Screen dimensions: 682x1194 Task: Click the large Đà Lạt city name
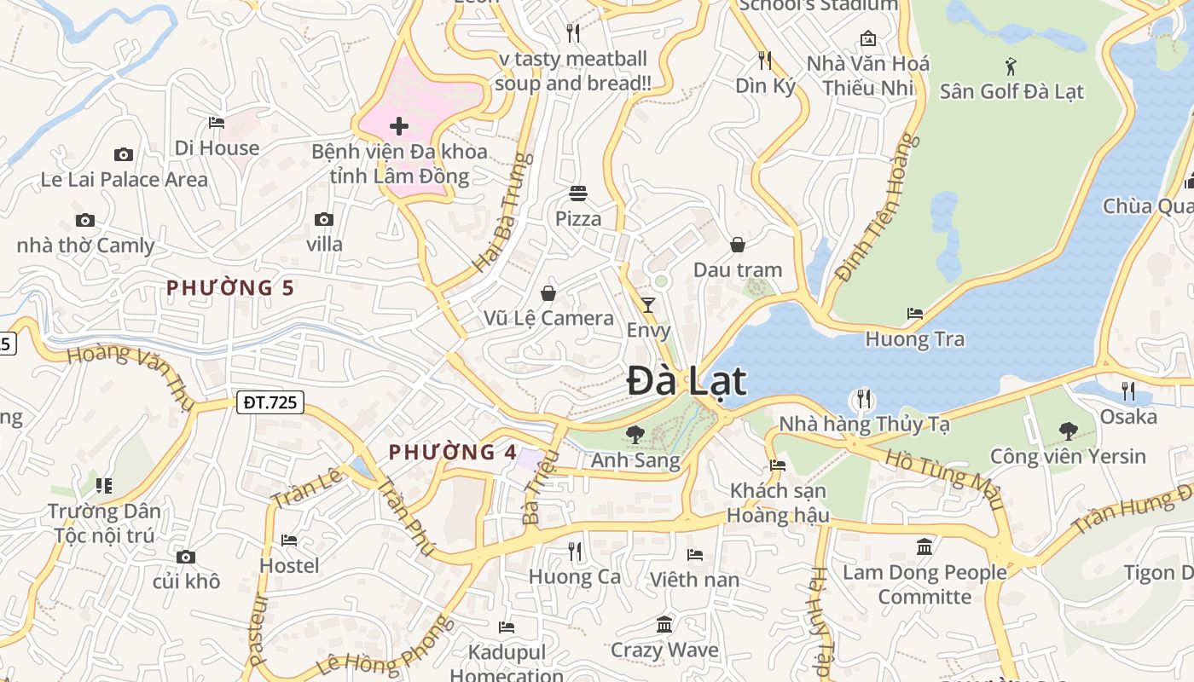pyautogui.click(x=687, y=381)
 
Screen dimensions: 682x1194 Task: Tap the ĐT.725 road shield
pyautogui.click(x=270, y=402)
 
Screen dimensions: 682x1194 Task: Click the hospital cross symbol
pyautogui.click(x=398, y=127)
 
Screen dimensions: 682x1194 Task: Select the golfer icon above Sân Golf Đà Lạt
pyautogui.click(x=1011, y=66)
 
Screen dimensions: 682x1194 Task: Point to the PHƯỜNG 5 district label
pyautogui.click(x=230, y=288)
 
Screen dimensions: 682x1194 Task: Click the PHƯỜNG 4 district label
pyautogui.click(x=453, y=453)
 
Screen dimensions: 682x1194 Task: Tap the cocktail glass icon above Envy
pyautogui.click(x=648, y=304)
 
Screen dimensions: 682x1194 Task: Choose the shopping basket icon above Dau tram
pyautogui.click(x=738, y=245)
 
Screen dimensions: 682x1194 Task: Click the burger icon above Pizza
pyautogui.click(x=578, y=194)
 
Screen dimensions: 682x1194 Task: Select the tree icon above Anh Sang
pyautogui.click(x=635, y=435)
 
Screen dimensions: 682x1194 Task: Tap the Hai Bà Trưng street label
pyautogui.click(x=503, y=212)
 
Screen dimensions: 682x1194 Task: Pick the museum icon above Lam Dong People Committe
pyautogui.click(x=924, y=546)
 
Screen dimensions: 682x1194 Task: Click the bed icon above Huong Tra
pyautogui.click(x=915, y=314)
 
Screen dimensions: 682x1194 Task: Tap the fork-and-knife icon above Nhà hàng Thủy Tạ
pyautogui.click(x=864, y=398)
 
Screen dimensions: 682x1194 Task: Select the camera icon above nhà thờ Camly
pyautogui.click(x=84, y=221)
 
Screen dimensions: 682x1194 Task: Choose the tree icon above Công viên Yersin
pyautogui.click(x=1068, y=431)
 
